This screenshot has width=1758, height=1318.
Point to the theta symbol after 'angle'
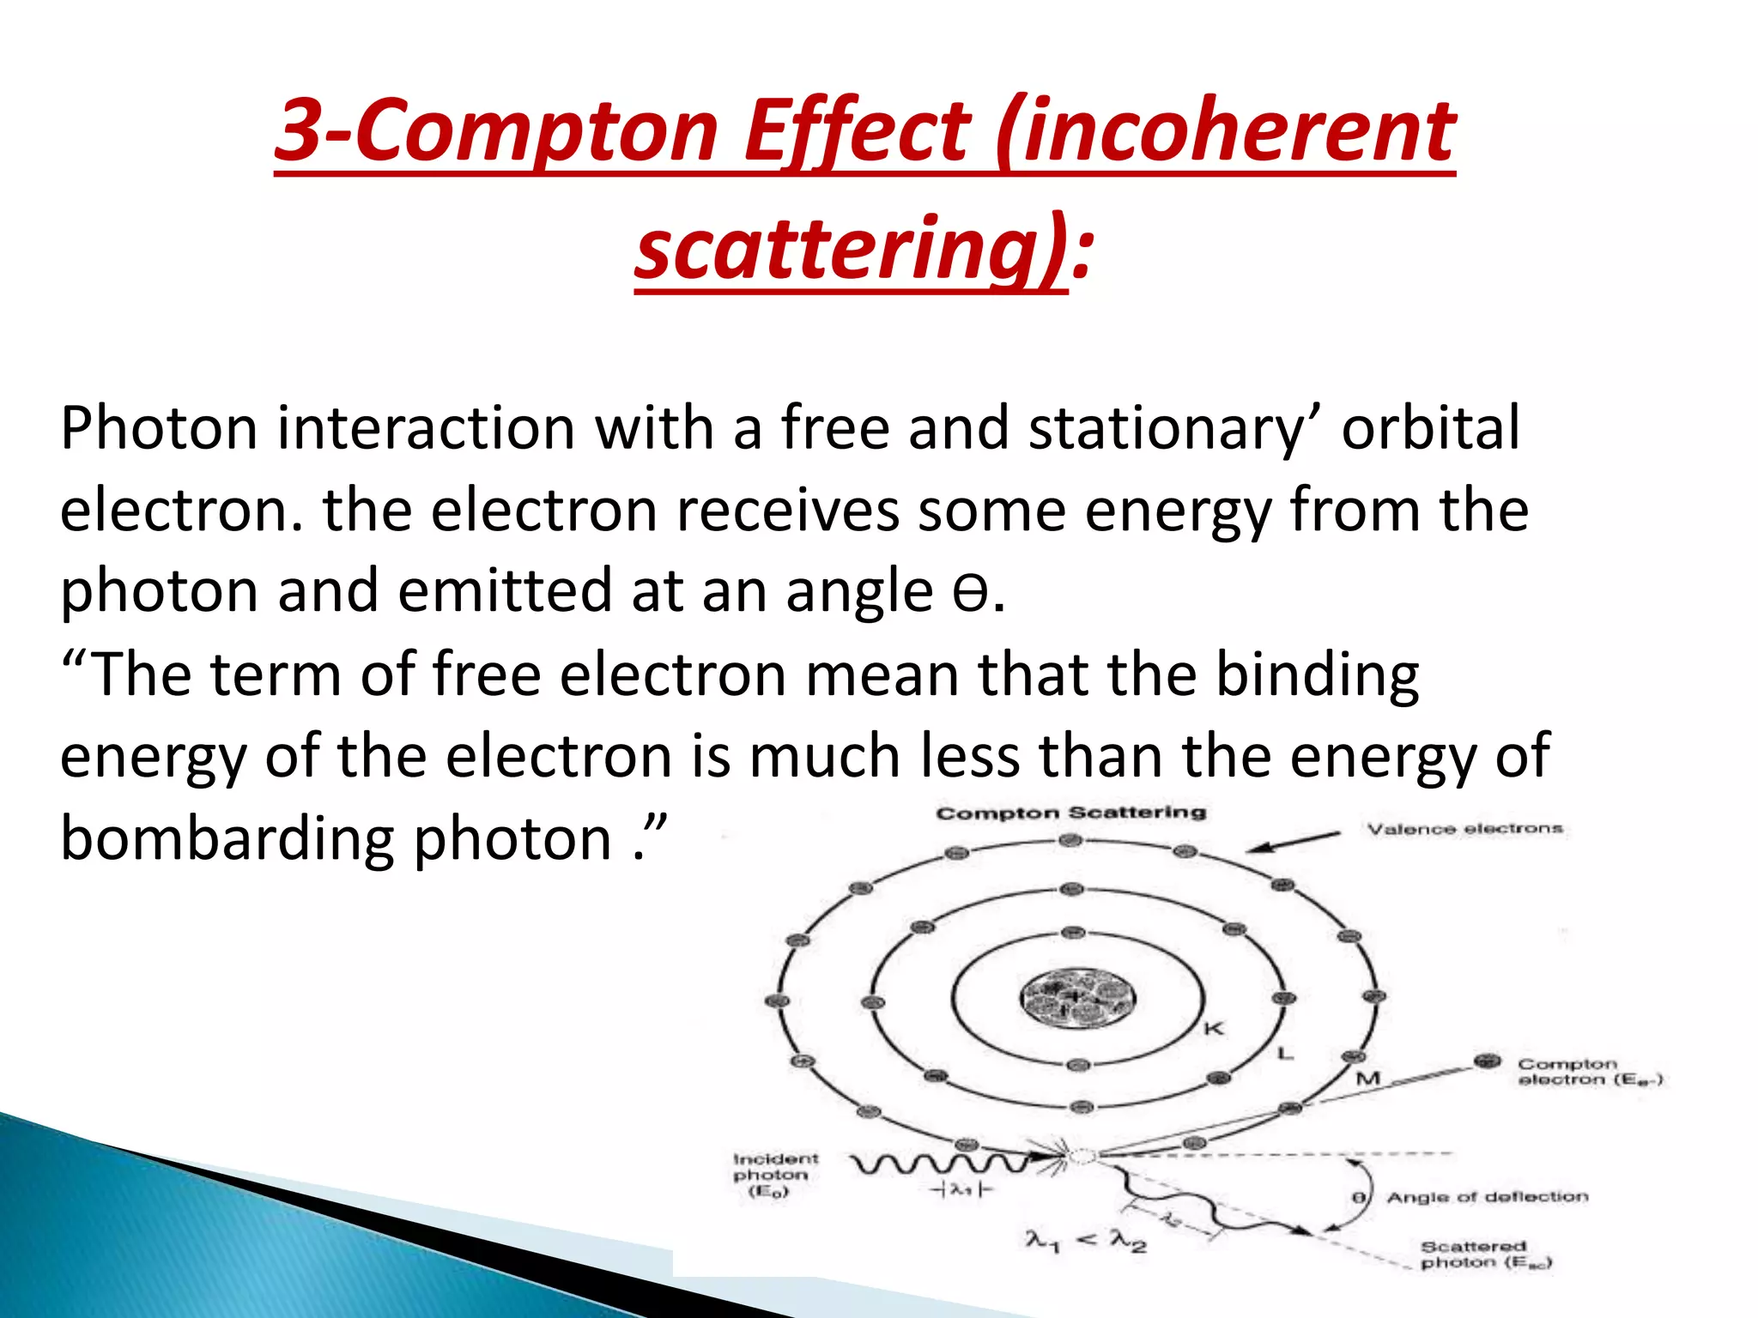click(970, 593)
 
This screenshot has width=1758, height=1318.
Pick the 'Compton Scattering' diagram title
click(1070, 813)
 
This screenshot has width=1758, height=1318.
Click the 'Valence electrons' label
click(1464, 829)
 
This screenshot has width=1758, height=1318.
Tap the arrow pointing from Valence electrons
click(1292, 842)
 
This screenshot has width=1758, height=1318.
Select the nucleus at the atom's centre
click(1077, 998)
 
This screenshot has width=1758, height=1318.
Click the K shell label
click(1214, 1028)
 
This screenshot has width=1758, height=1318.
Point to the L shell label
click(1285, 1053)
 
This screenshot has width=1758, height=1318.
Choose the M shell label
click(1367, 1078)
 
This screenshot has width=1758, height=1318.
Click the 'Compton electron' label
click(1588, 1072)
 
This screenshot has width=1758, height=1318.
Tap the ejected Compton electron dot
click(1487, 1062)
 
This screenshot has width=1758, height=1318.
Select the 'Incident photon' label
click(775, 1175)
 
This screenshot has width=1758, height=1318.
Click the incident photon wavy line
click(940, 1164)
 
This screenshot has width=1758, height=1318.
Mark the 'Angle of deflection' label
click(1487, 1197)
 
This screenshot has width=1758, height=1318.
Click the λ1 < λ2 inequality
click(1086, 1241)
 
